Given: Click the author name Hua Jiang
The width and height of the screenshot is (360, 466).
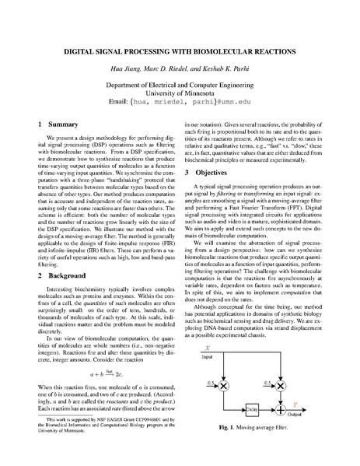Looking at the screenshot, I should (x=124, y=70).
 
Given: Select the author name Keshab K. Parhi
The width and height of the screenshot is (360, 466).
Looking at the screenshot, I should (x=221, y=70).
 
